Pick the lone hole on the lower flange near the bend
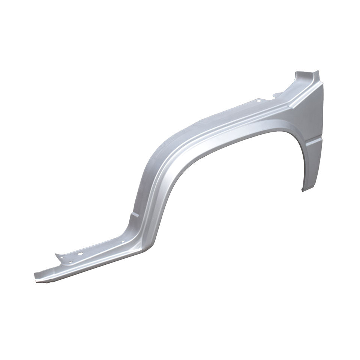tap(121, 242)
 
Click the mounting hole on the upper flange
tap(258, 100)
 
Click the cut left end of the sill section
tap(36, 276)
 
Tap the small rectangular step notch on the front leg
tap(134, 215)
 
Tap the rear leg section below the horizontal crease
tap(309, 165)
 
